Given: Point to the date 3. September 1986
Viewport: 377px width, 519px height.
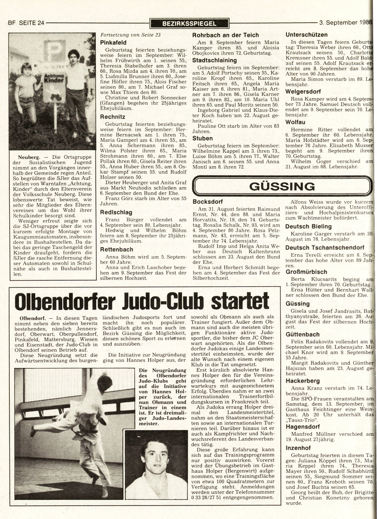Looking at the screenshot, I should (x=346, y=23).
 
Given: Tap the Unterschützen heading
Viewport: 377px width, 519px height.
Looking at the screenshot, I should (x=306, y=35).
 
